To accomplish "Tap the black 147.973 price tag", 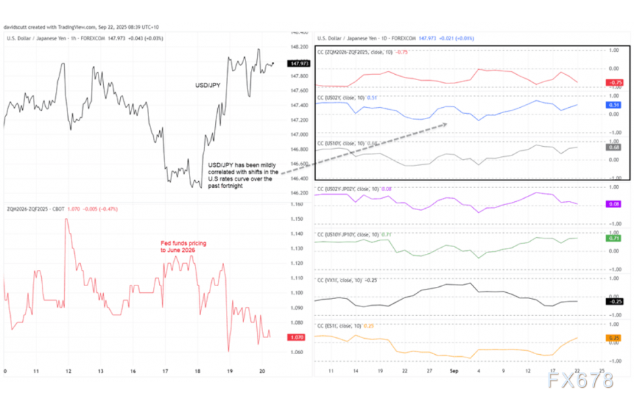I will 297,63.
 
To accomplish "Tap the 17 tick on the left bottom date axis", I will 165,371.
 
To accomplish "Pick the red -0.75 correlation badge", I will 613,83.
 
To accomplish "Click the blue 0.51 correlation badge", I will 613,105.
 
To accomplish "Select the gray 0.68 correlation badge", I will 613,147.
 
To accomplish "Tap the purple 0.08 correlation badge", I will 613,203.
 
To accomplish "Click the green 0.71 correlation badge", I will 613,238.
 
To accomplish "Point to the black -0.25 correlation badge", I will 613,301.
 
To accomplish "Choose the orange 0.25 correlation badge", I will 613,337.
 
